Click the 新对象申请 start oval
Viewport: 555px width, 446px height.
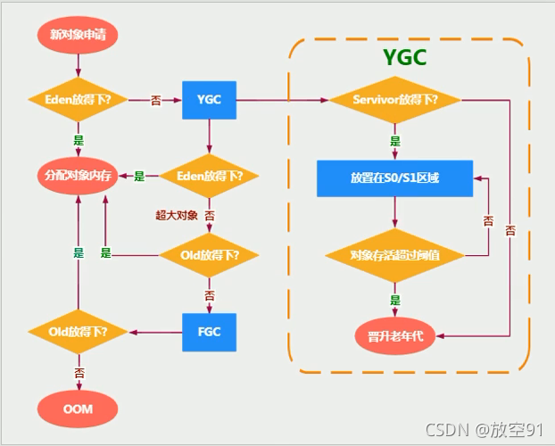(x=79, y=35)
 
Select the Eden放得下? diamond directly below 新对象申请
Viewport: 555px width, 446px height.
(x=79, y=99)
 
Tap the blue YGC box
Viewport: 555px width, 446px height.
(x=209, y=99)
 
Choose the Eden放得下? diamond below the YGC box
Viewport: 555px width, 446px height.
(x=210, y=176)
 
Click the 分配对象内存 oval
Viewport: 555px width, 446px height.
(x=79, y=176)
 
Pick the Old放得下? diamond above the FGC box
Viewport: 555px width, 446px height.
(x=210, y=254)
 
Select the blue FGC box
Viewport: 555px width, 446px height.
(x=209, y=332)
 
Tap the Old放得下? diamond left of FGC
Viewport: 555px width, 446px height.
(x=79, y=332)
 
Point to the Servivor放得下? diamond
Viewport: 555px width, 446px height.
(x=394, y=99)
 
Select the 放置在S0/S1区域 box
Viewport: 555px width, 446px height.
(x=394, y=178)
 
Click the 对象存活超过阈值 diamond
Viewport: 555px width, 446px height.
(x=394, y=255)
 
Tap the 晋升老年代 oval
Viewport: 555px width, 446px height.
(x=394, y=335)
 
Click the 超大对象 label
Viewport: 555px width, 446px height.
(x=174, y=215)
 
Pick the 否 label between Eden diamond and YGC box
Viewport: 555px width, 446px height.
(x=156, y=100)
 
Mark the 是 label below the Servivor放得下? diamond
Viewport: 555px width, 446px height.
(x=394, y=141)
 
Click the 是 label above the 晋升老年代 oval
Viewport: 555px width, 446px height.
(x=394, y=300)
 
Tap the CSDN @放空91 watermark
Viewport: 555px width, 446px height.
(x=485, y=431)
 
